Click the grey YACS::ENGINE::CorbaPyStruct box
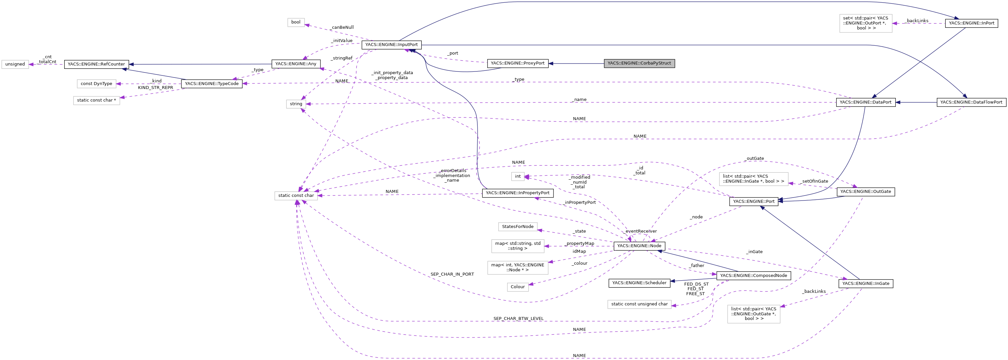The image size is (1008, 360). click(639, 64)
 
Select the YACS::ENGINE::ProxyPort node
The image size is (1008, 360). click(517, 64)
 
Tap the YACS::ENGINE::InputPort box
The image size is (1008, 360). click(391, 45)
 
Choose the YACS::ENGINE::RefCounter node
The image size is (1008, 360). click(96, 64)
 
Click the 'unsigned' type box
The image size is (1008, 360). click(15, 64)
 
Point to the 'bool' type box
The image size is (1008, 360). click(296, 22)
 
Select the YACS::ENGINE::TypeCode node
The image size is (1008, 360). click(211, 84)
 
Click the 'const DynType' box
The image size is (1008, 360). click(96, 84)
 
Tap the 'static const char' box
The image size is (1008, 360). click(296, 196)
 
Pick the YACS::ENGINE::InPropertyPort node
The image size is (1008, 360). click(517, 193)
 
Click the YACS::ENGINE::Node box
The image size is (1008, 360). click(639, 246)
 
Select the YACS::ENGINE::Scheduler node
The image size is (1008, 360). click(639, 283)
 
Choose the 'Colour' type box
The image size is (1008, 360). click(517, 287)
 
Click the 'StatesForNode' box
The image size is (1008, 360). click(517, 227)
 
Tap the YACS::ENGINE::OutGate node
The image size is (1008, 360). click(865, 192)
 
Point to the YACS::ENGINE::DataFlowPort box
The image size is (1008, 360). click(971, 103)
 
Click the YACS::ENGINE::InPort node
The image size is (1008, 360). click(971, 23)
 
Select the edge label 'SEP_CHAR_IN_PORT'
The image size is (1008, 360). click(452, 274)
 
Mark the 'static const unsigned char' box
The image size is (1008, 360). click(639, 304)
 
